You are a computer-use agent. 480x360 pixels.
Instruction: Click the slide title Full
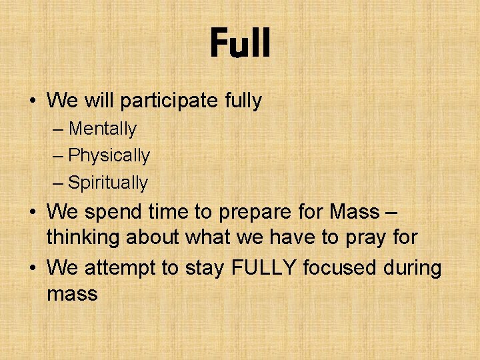click(x=240, y=44)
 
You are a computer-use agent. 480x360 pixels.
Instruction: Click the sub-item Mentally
click(x=102, y=129)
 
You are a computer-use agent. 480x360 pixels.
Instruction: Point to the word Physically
click(x=109, y=156)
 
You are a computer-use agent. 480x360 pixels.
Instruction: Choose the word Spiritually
click(x=108, y=183)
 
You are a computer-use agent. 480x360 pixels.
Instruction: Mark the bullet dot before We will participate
click(x=32, y=101)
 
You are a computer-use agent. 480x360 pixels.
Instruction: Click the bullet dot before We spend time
click(x=32, y=212)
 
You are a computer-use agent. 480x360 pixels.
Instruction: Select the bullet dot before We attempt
click(x=32, y=268)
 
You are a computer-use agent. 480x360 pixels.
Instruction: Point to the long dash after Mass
click(x=391, y=212)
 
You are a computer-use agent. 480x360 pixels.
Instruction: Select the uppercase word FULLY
click(x=264, y=268)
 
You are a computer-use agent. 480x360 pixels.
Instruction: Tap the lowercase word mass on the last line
click(x=72, y=294)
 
